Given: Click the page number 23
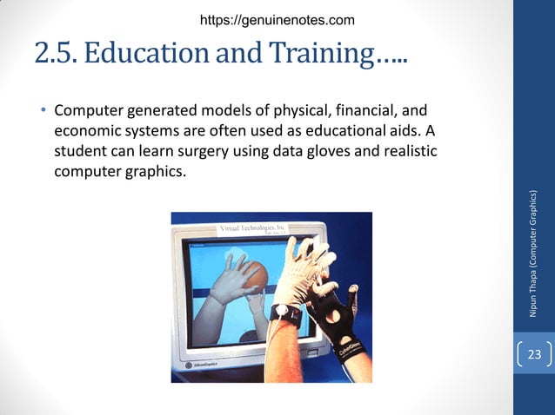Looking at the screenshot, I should pos(533,354).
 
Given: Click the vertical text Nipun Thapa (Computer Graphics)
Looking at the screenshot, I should pos(533,252).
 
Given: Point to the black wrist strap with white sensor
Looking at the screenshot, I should pos(287,314).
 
